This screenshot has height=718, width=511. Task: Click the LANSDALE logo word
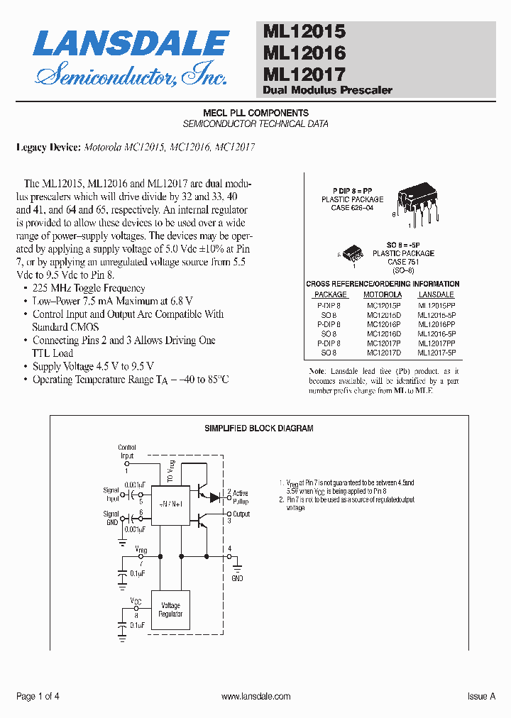(131, 44)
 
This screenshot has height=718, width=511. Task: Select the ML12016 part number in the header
(304, 53)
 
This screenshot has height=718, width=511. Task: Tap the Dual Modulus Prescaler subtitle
(327, 90)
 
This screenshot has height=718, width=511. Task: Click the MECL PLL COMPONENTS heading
(255, 113)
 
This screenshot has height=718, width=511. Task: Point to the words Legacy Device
(48, 148)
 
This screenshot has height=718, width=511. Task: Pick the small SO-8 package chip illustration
(353, 252)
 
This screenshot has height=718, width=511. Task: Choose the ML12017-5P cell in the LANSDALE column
(436, 352)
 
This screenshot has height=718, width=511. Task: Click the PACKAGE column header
(330, 294)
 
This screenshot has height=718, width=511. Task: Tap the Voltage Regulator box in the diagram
(171, 609)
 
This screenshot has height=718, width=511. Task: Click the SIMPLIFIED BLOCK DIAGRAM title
(259, 429)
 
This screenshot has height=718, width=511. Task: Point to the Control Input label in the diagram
(127, 452)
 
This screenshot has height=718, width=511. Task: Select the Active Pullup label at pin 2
(241, 497)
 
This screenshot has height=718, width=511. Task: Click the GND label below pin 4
(237, 578)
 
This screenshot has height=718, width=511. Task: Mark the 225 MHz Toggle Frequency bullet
(89, 288)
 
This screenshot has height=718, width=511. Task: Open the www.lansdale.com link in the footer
(255, 697)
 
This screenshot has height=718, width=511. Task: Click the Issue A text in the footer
(481, 697)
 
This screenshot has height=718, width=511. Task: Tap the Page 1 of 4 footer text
(38, 697)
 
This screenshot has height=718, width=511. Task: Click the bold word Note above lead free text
(317, 371)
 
